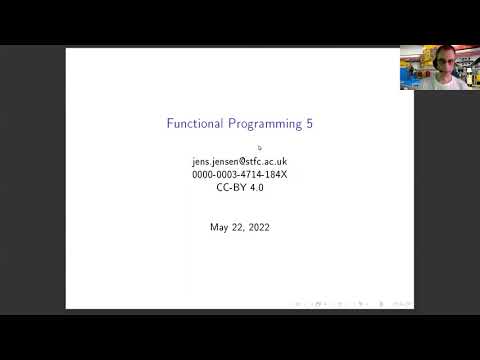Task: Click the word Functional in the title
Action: pyautogui.click(x=194, y=124)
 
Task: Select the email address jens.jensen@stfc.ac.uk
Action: pyautogui.click(x=240, y=161)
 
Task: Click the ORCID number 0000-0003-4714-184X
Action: pyautogui.click(x=240, y=174)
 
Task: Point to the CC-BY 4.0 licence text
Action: pyautogui.click(x=240, y=187)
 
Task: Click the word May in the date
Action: pyautogui.click(x=220, y=227)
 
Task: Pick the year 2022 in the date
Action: pyautogui.click(x=257, y=227)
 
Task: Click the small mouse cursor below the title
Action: pyautogui.click(x=259, y=148)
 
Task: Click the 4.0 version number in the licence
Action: pyautogui.click(x=257, y=187)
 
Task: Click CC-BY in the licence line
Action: pyautogui.click(x=231, y=187)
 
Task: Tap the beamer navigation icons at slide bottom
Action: pyautogui.click(x=350, y=303)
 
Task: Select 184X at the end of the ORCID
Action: pyautogui.click(x=274, y=174)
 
